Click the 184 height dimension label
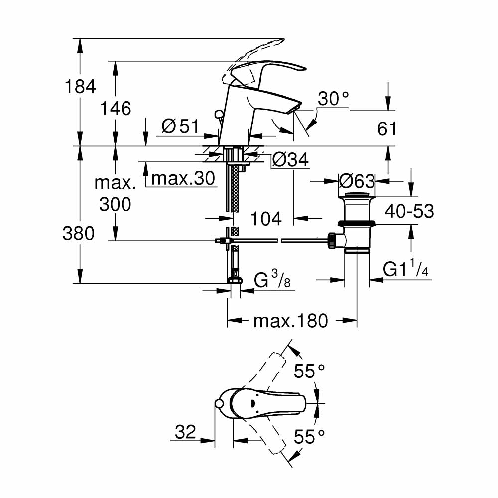pyautogui.click(x=80, y=87)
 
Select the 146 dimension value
pyautogui.click(x=116, y=108)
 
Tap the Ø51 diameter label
pyautogui.click(x=180, y=127)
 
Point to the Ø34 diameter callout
pyautogui.click(x=291, y=160)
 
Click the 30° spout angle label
pyautogui.click(x=333, y=99)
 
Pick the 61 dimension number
pyautogui.click(x=387, y=129)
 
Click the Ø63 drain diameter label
pyautogui.click(x=357, y=180)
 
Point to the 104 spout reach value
pyautogui.click(x=266, y=218)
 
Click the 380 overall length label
pyautogui.click(x=79, y=233)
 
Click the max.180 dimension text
pyautogui.click(x=291, y=321)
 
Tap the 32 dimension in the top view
pyautogui.click(x=185, y=432)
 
